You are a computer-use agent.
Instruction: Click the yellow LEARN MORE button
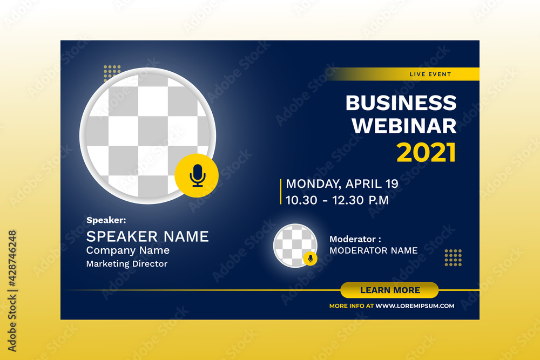(x=389, y=290)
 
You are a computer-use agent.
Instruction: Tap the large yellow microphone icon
(x=197, y=175)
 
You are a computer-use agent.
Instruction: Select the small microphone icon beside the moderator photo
(x=310, y=259)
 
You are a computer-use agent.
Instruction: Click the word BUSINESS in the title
(x=401, y=103)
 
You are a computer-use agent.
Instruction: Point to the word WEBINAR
(x=404, y=126)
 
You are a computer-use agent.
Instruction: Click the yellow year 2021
(x=426, y=153)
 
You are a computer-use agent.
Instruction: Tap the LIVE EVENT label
(x=430, y=74)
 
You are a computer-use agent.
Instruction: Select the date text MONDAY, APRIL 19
(x=342, y=184)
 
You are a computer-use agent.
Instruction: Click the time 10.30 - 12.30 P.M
(x=337, y=200)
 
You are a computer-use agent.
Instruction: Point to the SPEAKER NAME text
(x=147, y=236)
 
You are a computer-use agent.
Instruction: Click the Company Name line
(x=127, y=250)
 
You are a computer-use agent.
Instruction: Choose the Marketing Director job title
(x=127, y=264)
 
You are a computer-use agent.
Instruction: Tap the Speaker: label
(x=106, y=220)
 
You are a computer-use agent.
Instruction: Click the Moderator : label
(x=355, y=239)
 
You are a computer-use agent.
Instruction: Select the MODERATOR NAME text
(x=373, y=250)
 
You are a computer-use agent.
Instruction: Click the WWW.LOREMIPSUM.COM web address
(x=415, y=306)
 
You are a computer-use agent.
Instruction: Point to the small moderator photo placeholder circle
(x=294, y=245)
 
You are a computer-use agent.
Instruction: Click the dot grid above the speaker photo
(x=112, y=71)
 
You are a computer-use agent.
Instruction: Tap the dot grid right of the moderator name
(x=453, y=257)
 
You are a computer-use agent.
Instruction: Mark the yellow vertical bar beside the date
(x=280, y=192)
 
